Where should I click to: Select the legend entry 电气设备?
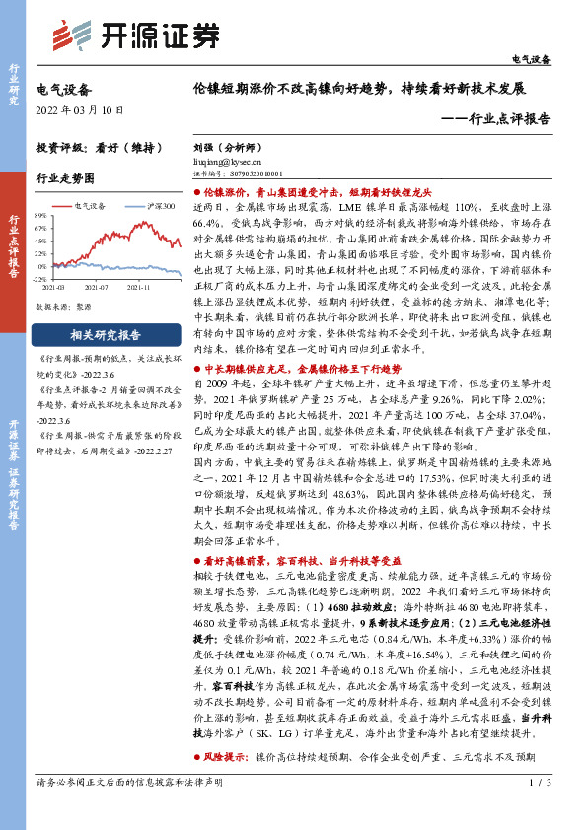coord(94,206)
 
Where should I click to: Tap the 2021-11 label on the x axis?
coord(138,287)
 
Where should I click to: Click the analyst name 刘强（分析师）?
coord(226,145)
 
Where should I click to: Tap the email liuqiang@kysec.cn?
coord(228,158)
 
